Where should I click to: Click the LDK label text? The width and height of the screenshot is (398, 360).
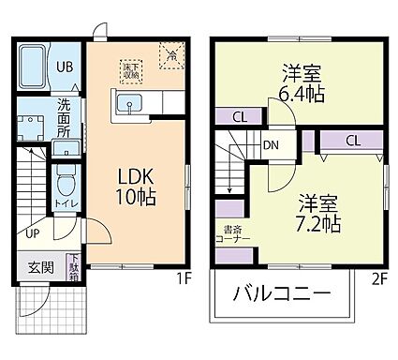pos(136,176)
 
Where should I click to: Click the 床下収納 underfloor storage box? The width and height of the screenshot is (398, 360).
pos(130,69)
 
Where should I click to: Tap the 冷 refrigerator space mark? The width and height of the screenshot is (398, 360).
pos(172,55)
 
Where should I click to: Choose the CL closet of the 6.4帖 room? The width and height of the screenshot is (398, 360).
pos(240,116)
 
